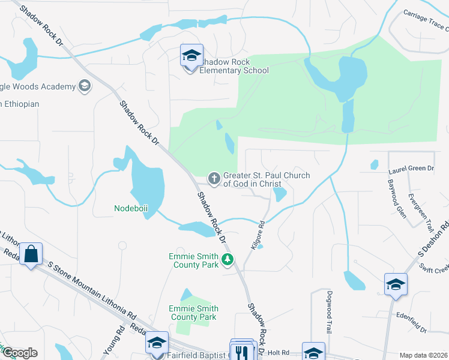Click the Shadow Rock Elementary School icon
click(191, 56)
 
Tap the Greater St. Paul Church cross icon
click(214, 178)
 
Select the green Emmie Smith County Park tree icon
click(227, 260)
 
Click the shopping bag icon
click(31, 254)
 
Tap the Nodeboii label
click(131, 208)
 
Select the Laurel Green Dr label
click(411, 169)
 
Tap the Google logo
click(19, 353)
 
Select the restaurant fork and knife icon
click(243, 351)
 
